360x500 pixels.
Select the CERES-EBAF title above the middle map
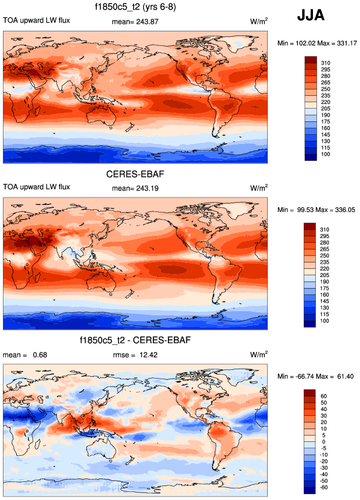(134, 174)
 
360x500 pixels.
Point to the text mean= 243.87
(135, 21)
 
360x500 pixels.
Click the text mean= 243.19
(135, 188)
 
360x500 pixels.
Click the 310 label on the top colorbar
(326, 60)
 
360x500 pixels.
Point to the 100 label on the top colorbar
(326, 154)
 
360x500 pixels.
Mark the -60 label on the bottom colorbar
(325, 488)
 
